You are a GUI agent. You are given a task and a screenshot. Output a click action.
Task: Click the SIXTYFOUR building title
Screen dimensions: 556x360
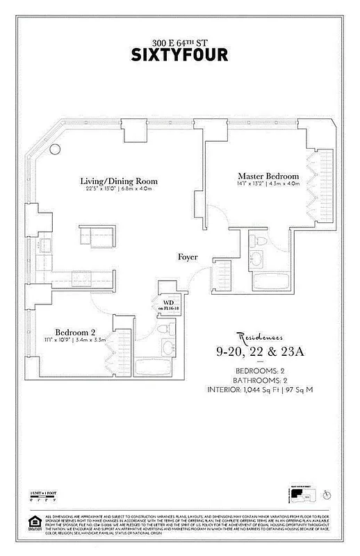pyautogui.click(x=180, y=54)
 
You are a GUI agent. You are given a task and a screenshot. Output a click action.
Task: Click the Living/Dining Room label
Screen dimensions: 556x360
pyautogui.click(x=117, y=181)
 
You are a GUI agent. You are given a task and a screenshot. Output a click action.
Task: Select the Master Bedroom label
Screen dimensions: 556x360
pyautogui.click(x=268, y=176)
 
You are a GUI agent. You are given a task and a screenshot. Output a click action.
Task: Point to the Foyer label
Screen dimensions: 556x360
pyautogui.click(x=188, y=257)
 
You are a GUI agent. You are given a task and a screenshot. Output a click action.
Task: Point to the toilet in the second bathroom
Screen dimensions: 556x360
pyautogui.click(x=164, y=328)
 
